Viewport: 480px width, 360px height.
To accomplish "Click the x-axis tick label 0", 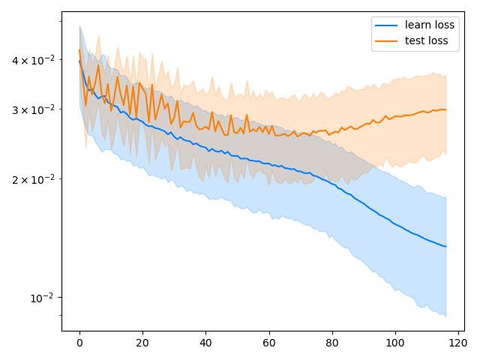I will coord(79,343).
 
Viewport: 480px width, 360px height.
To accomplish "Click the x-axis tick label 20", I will coord(142,343).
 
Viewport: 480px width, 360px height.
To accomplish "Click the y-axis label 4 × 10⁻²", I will coord(35,59).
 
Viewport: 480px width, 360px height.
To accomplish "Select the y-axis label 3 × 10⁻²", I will coord(35,109).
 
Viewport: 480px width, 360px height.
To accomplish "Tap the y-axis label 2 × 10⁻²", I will coord(35,179).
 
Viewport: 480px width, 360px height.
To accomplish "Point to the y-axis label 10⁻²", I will coord(43,298).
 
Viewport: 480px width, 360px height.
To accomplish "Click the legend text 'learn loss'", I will coord(429,25).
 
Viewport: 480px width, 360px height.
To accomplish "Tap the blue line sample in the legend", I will coord(388,25).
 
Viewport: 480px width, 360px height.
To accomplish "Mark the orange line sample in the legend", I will coord(388,41).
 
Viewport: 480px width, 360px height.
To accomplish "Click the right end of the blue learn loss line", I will coord(445,247).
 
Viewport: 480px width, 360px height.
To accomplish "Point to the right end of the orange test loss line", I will coord(445,109).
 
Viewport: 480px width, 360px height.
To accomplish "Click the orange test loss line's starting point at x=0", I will coord(79,50).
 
